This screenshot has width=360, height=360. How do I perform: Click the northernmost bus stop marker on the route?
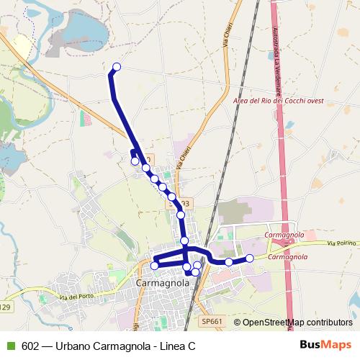tap(117, 68)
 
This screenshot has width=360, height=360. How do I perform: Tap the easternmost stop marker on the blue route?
tap(250, 258)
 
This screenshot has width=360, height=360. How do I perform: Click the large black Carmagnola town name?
tap(162, 283)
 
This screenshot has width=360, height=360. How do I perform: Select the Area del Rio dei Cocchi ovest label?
tap(278, 101)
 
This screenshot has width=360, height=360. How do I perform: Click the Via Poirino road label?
tap(342, 244)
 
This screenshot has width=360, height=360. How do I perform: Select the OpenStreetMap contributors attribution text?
tap(297, 322)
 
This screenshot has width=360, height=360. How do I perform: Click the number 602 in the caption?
tap(30, 346)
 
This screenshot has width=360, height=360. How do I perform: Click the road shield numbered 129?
tap(6, 307)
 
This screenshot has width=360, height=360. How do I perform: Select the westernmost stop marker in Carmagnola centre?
tap(154, 266)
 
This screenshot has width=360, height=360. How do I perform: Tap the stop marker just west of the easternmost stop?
tap(229, 261)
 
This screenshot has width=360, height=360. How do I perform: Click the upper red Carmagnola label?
tap(285, 235)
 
